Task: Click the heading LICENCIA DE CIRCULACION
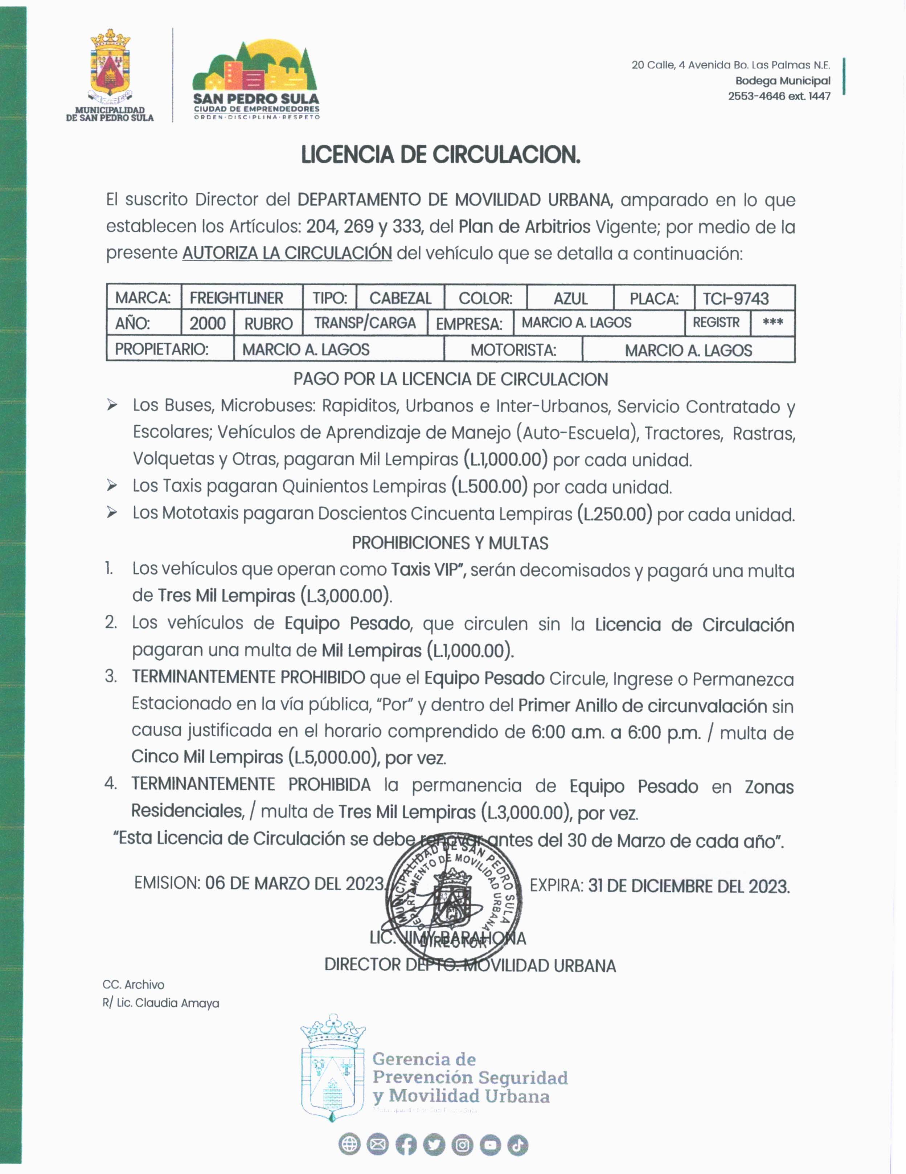pyautogui.click(x=440, y=155)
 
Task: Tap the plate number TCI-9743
pyautogui.click(x=736, y=298)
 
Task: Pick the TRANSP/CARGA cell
pyautogui.click(x=365, y=323)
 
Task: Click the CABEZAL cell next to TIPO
pyautogui.click(x=400, y=298)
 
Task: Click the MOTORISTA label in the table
pyautogui.click(x=513, y=350)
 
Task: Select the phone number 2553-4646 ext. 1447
pyautogui.click(x=779, y=96)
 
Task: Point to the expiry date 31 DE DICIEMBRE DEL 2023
pyautogui.click(x=688, y=886)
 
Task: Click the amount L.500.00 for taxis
pyautogui.click(x=489, y=487)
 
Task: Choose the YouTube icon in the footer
pyautogui.click(x=489, y=1145)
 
